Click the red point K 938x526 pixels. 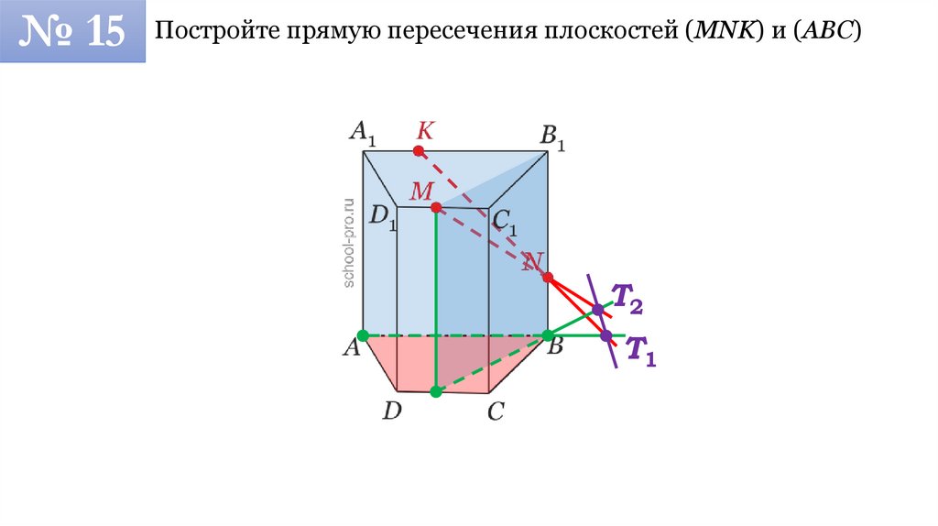(x=419, y=150)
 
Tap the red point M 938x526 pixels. (x=436, y=207)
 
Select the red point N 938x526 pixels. (x=548, y=277)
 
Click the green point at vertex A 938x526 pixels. (x=364, y=335)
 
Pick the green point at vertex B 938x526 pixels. (x=548, y=335)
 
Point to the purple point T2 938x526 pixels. (x=597, y=310)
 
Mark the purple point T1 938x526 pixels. (x=606, y=336)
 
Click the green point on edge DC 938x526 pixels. (x=436, y=391)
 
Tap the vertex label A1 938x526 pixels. (x=363, y=134)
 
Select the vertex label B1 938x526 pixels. (x=552, y=137)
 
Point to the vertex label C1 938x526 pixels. (x=504, y=221)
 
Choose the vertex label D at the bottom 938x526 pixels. (x=392, y=411)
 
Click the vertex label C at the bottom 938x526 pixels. (x=496, y=412)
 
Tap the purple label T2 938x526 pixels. (x=627, y=297)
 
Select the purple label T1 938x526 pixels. (x=640, y=351)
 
